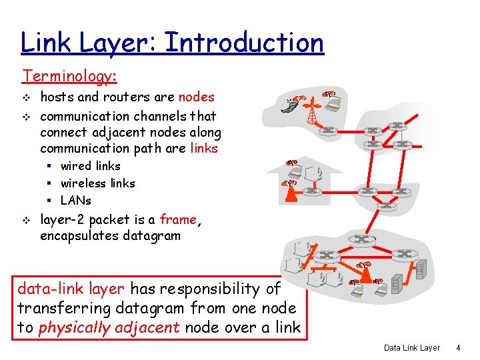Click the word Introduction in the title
click(244, 43)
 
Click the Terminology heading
click(69, 77)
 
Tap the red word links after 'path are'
click(204, 148)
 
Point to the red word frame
click(179, 219)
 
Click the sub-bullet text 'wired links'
click(90, 166)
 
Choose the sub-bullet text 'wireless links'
click(97, 183)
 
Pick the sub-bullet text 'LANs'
click(75, 201)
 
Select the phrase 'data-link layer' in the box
click(71, 289)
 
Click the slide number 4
click(457, 348)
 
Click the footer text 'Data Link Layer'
click(412, 348)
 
